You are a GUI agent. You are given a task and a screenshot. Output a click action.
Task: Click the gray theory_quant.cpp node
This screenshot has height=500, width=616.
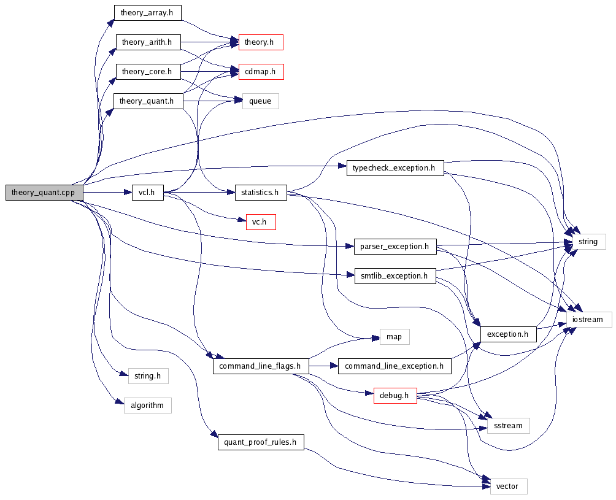(x=44, y=192)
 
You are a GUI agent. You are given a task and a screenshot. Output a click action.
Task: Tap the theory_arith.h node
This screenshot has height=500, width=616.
(x=148, y=42)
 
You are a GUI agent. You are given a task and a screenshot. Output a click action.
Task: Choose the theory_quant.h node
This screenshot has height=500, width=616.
(x=148, y=101)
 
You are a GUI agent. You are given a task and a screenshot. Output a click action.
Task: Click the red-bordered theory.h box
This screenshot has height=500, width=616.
(x=260, y=42)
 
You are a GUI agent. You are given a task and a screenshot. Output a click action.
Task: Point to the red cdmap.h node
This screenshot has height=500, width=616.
(x=260, y=72)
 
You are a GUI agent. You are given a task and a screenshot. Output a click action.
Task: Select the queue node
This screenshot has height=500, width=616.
(x=260, y=101)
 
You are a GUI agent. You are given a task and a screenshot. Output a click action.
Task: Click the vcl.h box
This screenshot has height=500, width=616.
(x=147, y=192)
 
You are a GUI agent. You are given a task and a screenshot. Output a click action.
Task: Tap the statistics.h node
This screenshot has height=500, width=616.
(x=260, y=192)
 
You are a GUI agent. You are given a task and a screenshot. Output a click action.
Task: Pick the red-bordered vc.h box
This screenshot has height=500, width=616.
(x=260, y=221)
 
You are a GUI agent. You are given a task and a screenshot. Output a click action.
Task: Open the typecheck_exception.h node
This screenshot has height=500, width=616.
(x=395, y=167)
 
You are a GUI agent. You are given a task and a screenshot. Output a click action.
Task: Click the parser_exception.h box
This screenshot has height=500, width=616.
(x=395, y=247)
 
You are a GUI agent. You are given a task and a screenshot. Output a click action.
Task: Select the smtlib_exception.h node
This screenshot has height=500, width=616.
(x=395, y=275)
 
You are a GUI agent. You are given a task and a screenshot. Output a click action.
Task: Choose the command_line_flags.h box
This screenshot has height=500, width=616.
(x=260, y=366)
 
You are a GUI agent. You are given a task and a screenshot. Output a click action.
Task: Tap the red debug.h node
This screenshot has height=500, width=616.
(x=395, y=396)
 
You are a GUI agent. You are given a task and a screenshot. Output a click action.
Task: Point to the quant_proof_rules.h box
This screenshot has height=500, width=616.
(x=260, y=442)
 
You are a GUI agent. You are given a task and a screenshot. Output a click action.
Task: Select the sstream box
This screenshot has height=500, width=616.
(x=508, y=425)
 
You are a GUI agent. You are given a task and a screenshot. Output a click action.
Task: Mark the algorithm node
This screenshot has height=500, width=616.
(x=147, y=405)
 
